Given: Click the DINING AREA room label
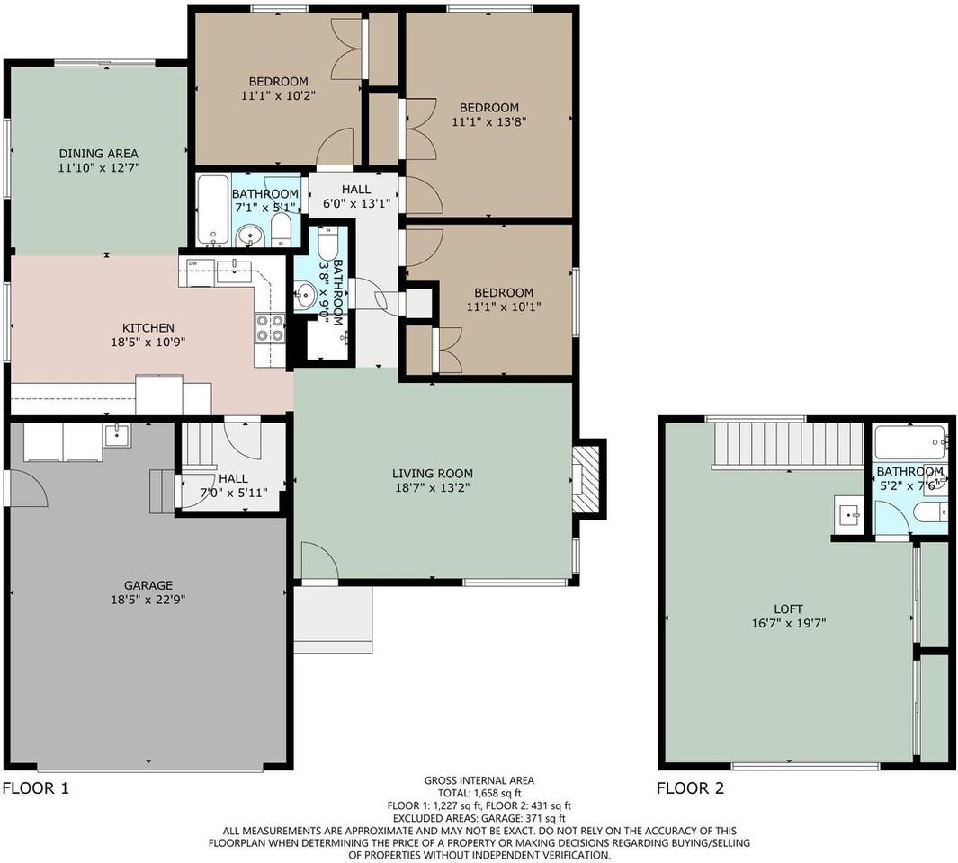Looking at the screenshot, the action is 98,154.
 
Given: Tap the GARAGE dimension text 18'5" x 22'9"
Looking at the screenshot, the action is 148,600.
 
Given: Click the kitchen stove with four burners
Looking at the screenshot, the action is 270,327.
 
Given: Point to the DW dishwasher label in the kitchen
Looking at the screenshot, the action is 193,263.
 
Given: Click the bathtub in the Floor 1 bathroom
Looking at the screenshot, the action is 213,209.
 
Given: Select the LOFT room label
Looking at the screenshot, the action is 788,609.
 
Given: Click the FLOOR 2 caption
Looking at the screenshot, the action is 691,787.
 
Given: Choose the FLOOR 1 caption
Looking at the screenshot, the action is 36,787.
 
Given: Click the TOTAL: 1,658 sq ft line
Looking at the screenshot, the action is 479,793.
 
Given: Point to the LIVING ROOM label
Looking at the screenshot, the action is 433,474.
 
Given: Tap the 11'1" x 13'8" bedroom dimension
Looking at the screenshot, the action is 488,121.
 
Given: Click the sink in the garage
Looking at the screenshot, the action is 117,435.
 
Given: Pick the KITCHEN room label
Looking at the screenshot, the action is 148,328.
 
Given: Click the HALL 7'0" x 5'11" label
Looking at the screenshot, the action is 233,485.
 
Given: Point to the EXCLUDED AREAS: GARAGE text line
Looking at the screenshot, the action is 479,818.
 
